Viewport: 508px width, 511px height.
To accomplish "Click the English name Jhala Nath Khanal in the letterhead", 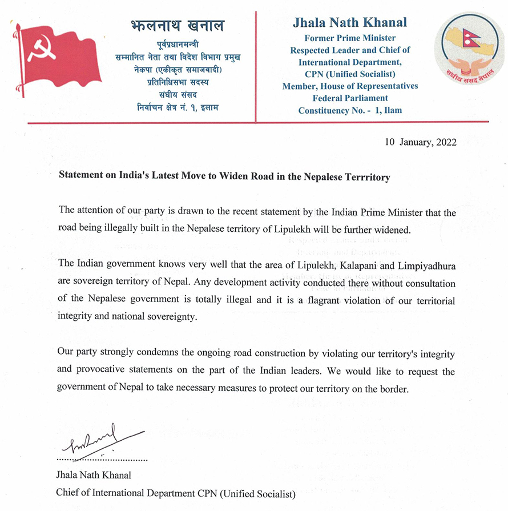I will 350,23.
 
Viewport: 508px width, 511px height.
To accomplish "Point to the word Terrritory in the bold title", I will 362,178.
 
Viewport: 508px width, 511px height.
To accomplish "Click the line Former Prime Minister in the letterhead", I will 350,39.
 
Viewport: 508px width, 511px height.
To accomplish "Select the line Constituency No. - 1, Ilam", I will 350,110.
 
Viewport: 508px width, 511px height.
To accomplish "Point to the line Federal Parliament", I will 350,98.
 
